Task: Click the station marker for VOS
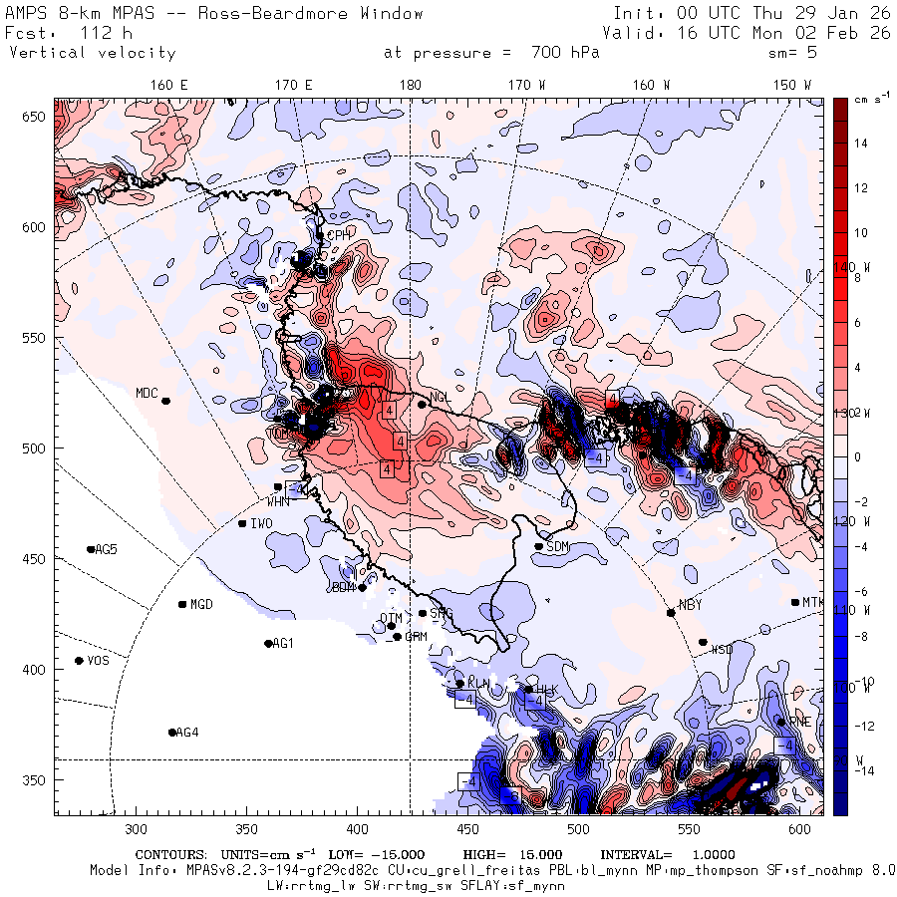coord(79,661)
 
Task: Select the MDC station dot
coord(165,401)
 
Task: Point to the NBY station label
coord(690,605)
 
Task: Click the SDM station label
coord(558,547)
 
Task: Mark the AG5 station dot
coord(91,549)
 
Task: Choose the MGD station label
coord(201,605)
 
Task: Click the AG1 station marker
coord(268,644)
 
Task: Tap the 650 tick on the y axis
coord(37,117)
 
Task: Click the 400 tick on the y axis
coord(37,669)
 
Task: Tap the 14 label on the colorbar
coord(860,144)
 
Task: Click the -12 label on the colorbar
coord(863,726)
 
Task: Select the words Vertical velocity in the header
coord(93,53)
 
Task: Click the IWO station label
coord(261,524)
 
